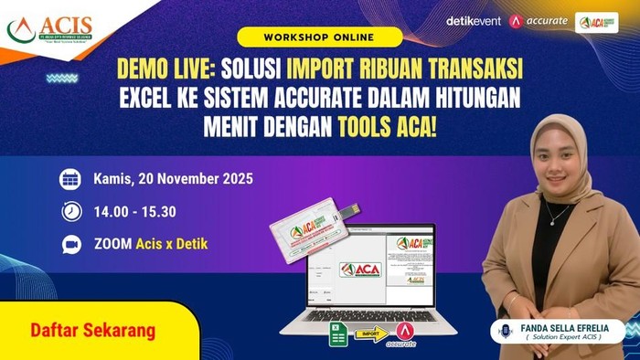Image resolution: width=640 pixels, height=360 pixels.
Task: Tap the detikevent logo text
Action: (x=473, y=21)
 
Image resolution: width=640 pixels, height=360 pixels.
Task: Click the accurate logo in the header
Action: (x=539, y=21)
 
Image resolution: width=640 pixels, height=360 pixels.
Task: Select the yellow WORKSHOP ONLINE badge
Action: (x=319, y=37)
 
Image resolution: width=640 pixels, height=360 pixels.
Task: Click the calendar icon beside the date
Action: (x=70, y=179)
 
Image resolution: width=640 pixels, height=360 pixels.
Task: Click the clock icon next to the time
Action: (x=70, y=212)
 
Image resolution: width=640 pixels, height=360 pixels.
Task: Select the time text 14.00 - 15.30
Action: (x=134, y=212)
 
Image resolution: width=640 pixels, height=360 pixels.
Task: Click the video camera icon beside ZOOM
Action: (x=70, y=245)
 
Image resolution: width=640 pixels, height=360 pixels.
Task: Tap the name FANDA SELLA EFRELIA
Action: (x=567, y=326)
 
